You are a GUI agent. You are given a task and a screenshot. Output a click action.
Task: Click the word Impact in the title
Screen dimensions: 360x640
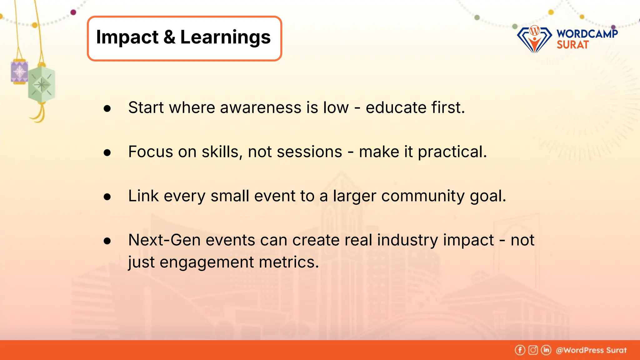[x=127, y=37]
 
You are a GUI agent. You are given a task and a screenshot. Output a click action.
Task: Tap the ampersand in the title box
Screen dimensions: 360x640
[x=169, y=37]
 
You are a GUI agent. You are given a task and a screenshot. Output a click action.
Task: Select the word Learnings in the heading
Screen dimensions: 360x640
[x=225, y=37]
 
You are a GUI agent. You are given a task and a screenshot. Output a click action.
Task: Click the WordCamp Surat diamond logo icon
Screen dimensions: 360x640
[x=534, y=39]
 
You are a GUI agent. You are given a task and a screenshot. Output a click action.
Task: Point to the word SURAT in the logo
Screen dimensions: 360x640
[x=572, y=45]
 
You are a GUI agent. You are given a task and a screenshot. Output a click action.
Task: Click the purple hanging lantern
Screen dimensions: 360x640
[x=19, y=72]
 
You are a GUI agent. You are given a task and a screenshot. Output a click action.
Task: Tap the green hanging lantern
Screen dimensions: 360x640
[x=42, y=84]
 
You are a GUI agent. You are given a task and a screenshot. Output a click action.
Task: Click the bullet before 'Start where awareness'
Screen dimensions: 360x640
[x=107, y=108]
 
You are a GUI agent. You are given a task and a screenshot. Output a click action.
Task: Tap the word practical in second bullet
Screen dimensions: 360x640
[x=452, y=152]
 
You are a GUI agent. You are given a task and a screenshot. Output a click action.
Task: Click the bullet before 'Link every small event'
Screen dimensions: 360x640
[x=107, y=197]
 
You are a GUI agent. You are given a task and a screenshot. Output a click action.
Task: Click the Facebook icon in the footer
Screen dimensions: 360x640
[x=520, y=350]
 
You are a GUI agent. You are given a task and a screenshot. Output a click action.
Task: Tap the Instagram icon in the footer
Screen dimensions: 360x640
[x=533, y=350]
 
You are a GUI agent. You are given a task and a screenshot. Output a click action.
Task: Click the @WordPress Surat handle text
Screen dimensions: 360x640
[x=591, y=350]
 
